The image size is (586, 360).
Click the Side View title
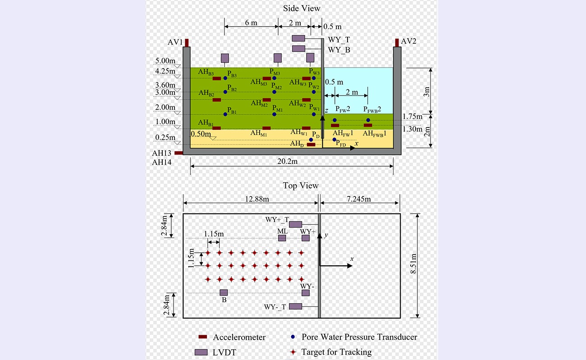[x=302, y=9]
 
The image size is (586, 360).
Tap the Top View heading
[x=301, y=186]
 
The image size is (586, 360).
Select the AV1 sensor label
[x=175, y=41]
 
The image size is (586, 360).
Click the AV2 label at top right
[x=408, y=41]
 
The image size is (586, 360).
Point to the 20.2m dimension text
[x=291, y=162]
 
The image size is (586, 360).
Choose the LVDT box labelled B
[x=224, y=293]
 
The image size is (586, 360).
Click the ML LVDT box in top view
[x=282, y=238]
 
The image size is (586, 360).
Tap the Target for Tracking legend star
[x=293, y=352]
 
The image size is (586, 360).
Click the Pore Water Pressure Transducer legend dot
[x=293, y=337]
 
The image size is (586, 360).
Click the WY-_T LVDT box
[x=295, y=306]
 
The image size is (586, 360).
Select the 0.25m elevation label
[x=165, y=137]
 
